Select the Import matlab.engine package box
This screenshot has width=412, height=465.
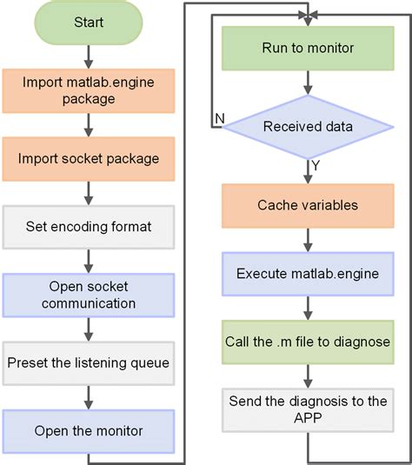coord(88,91)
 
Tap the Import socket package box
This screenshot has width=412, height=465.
coord(88,158)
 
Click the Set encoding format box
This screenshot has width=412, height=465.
coord(88,226)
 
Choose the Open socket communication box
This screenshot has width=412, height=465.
coord(88,295)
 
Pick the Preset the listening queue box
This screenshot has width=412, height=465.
coord(88,362)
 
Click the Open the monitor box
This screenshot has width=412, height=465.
coord(88,430)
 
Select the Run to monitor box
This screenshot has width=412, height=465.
coord(307,48)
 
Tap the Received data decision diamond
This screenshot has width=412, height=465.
coord(307,127)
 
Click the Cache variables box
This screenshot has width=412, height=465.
coord(307,206)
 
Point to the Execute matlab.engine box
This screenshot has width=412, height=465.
coord(307,273)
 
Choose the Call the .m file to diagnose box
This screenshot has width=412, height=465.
coord(307,342)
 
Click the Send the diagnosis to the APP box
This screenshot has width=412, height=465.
coord(307,409)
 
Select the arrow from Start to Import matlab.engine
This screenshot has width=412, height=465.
coord(88,56)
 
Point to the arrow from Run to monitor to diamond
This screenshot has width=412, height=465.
coord(307,83)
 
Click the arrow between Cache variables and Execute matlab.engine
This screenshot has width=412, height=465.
coord(307,240)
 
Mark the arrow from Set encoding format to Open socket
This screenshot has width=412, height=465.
coord(88,261)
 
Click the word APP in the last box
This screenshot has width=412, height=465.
coord(307,418)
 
